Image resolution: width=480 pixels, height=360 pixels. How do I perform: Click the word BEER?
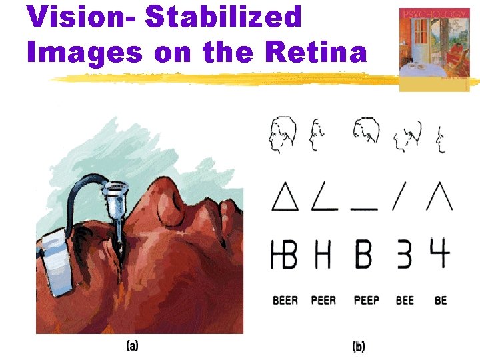[285, 301]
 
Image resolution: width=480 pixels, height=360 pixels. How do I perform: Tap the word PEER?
[324, 301]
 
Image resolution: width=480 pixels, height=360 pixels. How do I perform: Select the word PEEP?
[366, 301]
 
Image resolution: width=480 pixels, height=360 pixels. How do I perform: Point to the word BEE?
[405, 301]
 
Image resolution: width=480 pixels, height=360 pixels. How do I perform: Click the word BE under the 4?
[441, 301]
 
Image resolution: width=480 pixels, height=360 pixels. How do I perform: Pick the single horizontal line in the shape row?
[365, 209]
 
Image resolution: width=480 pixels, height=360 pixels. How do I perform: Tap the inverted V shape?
[440, 196]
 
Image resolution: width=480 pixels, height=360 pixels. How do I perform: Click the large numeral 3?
[404, 254]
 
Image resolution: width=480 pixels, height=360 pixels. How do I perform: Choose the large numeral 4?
[440, 253]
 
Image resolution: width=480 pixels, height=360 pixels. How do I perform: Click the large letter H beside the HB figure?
[323, 254]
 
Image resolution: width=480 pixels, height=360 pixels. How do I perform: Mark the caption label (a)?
[133, 346]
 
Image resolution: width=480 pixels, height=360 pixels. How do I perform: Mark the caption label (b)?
[359, 347]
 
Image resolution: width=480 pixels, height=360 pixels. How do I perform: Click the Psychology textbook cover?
[433, 48]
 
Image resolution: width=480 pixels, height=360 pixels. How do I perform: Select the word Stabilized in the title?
[224, 17]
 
